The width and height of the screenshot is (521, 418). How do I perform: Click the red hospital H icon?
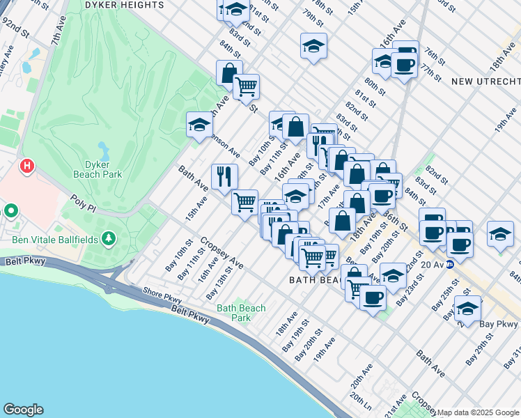[x=27, y=166]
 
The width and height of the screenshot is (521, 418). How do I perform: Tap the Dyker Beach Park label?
[x=103, y=169]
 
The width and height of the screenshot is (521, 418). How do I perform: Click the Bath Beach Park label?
[x=241, y=313]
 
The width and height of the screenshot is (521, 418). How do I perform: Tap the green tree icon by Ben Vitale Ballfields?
[x=108, y=240]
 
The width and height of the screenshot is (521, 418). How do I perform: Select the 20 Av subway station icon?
[x=451, y=264]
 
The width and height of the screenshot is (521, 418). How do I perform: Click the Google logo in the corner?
[x=23, y=410]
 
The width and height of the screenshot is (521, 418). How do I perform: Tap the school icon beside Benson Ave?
[x=199, y=125]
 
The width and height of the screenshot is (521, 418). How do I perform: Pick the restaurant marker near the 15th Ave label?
[x=224, y=176]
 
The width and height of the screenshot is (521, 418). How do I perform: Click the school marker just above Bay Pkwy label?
[x=467, y=308]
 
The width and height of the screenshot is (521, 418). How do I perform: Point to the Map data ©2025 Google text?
[x=478, y=412]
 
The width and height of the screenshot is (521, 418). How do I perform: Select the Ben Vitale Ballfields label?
[x=54, y=240]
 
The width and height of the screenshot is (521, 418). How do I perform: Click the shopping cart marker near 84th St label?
[x=246, y=87]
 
